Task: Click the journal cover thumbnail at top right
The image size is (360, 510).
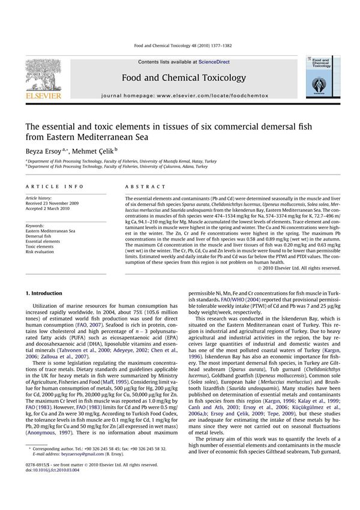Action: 322,78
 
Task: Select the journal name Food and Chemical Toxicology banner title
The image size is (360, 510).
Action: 184,78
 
